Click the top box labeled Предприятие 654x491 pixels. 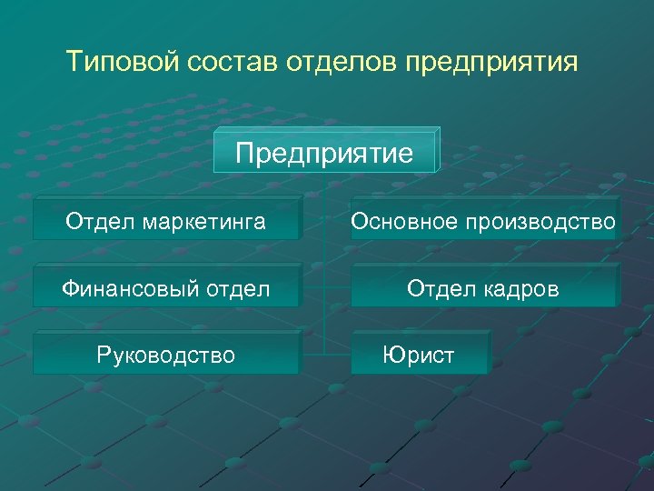[324, 152]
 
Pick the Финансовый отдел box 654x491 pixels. [165, 288]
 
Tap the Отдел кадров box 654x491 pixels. [483, 288]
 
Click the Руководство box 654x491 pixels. [165, 355]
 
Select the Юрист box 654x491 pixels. [419, 355]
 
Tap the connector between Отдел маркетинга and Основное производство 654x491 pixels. [325, 219]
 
